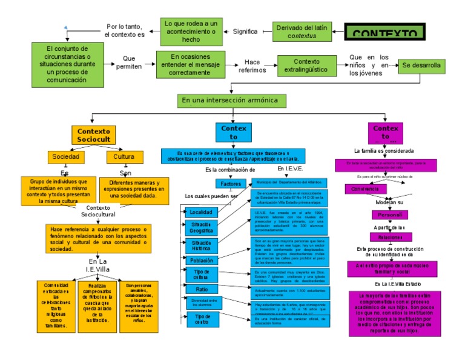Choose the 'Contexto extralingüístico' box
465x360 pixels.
click(306, 66)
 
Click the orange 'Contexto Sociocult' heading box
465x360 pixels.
click(94, 135)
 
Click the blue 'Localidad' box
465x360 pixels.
click(200, 212)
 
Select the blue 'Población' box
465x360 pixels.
click(201, 260)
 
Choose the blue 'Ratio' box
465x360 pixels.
click(201, 289)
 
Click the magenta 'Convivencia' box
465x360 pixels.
click(365, 188)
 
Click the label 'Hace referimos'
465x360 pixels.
click(252, 66)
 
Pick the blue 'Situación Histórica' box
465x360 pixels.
click(201, 245)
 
